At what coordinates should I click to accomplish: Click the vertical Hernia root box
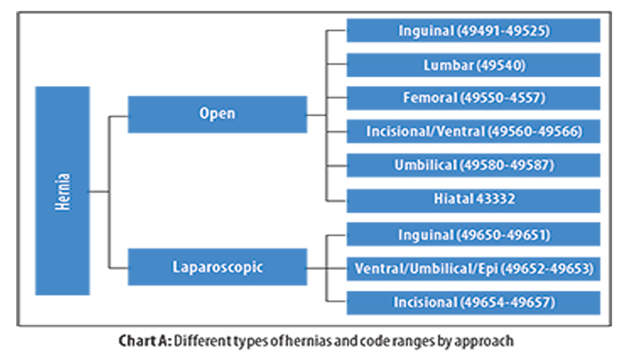coord(62,191)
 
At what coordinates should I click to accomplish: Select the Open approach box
coord(217,114)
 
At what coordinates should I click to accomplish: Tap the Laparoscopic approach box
coord(217,267)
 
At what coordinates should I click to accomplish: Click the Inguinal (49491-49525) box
coord(473,30)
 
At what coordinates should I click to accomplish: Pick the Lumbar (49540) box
coord(473,65)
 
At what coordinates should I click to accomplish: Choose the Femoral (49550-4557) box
coord(473,97)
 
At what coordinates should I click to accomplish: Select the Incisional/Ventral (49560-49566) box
coord(473,131)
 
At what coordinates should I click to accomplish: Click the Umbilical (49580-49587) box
coord(473,165)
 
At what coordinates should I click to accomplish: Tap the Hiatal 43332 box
coord(473,200)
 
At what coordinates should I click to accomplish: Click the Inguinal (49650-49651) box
coord(473,235)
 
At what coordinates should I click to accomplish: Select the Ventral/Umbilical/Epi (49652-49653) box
coord(473,269)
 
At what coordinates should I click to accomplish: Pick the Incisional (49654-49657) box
coord(473,302)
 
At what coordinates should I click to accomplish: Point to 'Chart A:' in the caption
coord(145,340)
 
